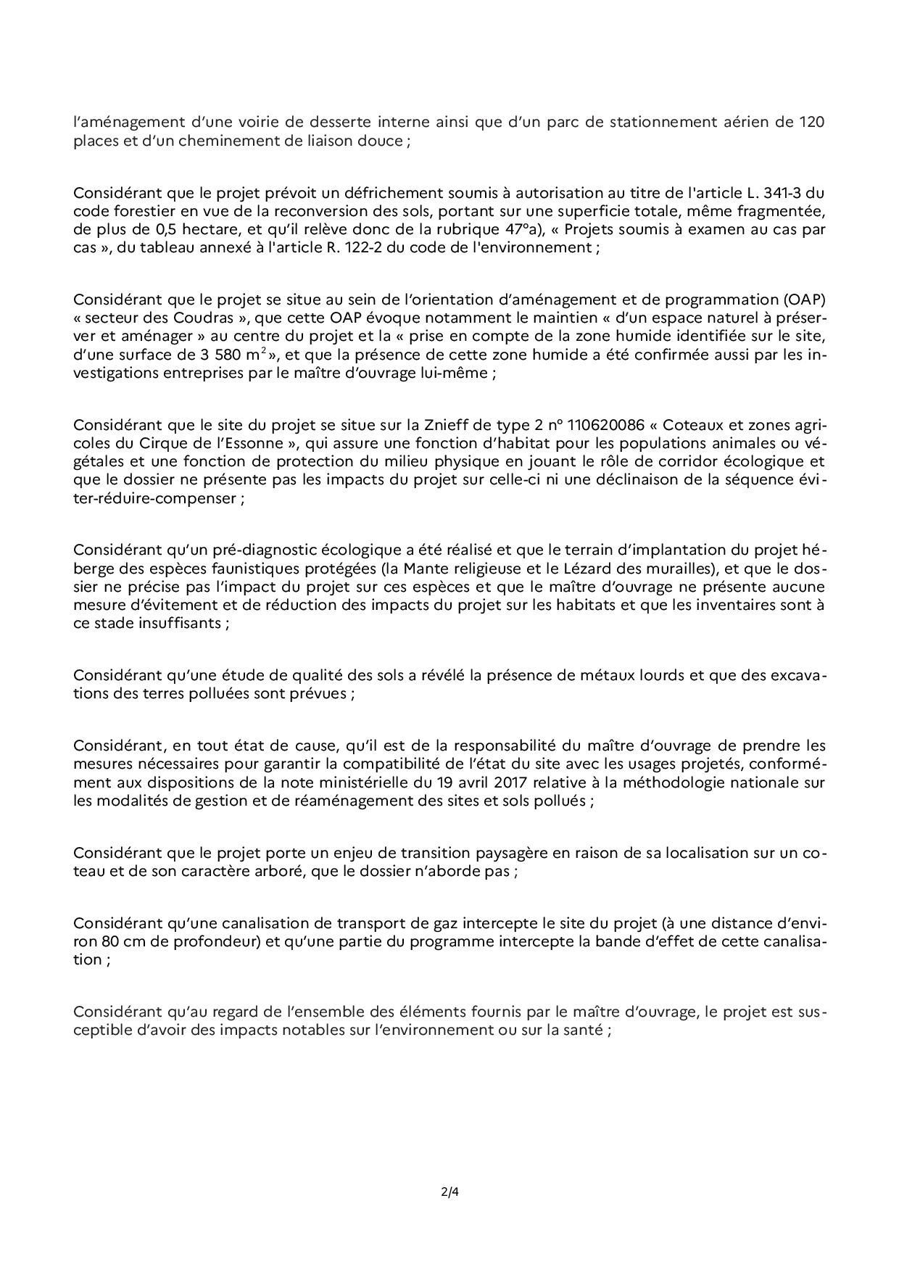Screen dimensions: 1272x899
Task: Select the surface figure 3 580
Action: pyautogui.click(x=204, y=355)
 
